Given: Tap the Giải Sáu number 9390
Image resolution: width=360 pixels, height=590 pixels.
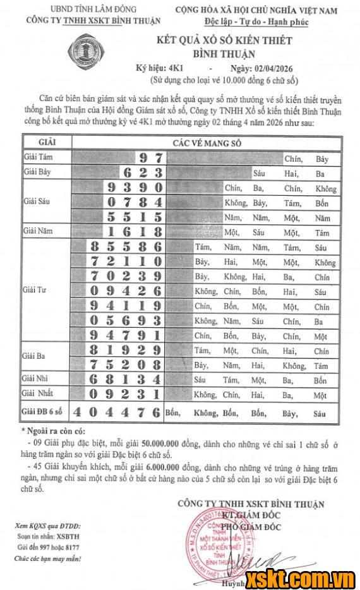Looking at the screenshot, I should point(135,188).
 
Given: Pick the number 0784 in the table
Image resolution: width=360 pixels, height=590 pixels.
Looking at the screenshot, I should point(135,202).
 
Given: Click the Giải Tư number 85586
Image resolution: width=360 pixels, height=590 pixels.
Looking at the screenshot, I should point(126,247).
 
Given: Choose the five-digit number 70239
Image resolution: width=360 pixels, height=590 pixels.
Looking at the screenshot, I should point(126,276).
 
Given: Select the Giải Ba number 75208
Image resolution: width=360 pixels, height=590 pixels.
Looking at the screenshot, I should point(126,364).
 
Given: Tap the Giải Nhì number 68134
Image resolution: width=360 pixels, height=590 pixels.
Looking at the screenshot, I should point(126,380).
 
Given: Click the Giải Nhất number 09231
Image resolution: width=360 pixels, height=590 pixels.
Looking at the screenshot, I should point(126,394).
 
